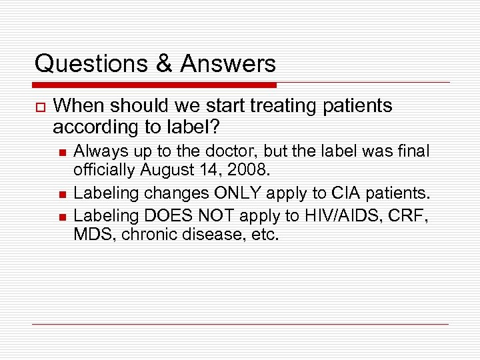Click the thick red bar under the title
[155, 85]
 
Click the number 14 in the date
[204, 171]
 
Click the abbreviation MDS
[93, 235]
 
